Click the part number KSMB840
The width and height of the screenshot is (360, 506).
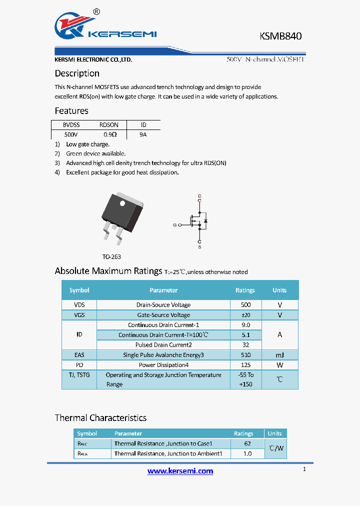(280, 36)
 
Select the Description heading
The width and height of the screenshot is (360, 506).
(77, 73)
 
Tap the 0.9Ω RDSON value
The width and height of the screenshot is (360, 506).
(110, 134)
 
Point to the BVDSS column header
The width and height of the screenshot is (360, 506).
(71, 125)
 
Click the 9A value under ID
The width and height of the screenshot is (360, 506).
(143, 134)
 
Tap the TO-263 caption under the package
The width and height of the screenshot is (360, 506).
(111, 256)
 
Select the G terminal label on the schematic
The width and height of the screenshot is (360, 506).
(175, 225)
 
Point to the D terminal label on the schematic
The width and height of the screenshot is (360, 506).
(199, 195)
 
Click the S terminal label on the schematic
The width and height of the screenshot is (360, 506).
(199, 247)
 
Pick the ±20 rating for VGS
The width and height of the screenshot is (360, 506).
(245, 315)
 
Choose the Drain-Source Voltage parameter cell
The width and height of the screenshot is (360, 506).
(163, 305)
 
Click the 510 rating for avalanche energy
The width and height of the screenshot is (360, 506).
(245, 355)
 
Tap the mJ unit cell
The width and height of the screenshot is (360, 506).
(279, 355)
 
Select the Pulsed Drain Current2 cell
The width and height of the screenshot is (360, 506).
(163, 345)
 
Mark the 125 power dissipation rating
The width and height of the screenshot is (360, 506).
(245, 365)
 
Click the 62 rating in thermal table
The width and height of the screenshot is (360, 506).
(247, 443)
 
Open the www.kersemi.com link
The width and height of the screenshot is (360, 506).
(180, 471)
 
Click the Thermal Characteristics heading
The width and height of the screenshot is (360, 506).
(100, 418)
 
